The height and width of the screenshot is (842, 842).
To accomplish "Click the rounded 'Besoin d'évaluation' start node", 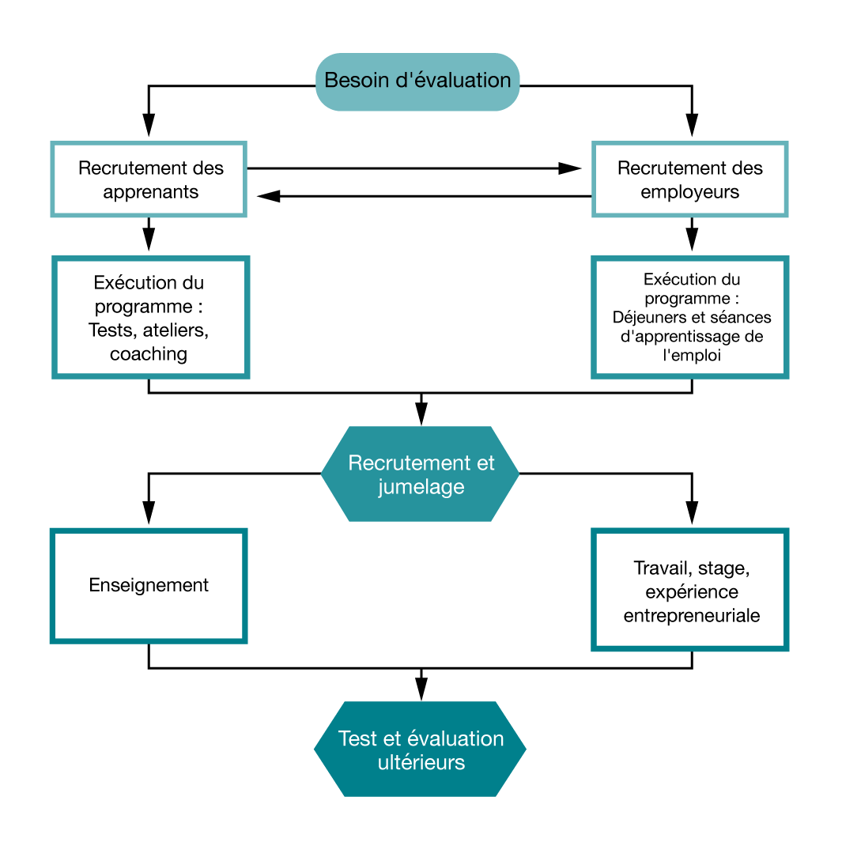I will [417, 81].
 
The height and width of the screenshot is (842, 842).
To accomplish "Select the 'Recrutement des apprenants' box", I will [149, 179].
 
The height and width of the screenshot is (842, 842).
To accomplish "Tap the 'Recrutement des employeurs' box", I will [690, 179].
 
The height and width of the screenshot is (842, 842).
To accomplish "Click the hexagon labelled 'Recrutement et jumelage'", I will [420, 474].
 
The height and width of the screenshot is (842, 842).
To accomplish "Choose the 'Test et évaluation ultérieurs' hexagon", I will [420, 749].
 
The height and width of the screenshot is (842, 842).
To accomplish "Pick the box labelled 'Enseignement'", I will [149, 586].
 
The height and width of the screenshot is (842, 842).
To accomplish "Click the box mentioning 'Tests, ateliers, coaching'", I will [150, 317].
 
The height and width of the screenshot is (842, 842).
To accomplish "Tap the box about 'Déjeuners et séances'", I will [690, 317].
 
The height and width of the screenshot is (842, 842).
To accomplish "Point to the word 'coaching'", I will [149, 353].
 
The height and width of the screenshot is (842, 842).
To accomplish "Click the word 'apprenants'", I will [150, 192].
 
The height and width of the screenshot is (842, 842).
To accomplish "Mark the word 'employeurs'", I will [690, 192].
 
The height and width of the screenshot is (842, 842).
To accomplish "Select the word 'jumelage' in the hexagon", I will [421, 487].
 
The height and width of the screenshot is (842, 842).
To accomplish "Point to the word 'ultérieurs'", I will [421, 763].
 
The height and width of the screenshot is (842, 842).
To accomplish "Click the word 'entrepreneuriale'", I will [692, 616].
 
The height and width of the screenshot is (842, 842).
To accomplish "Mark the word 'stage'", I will [722, 568].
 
